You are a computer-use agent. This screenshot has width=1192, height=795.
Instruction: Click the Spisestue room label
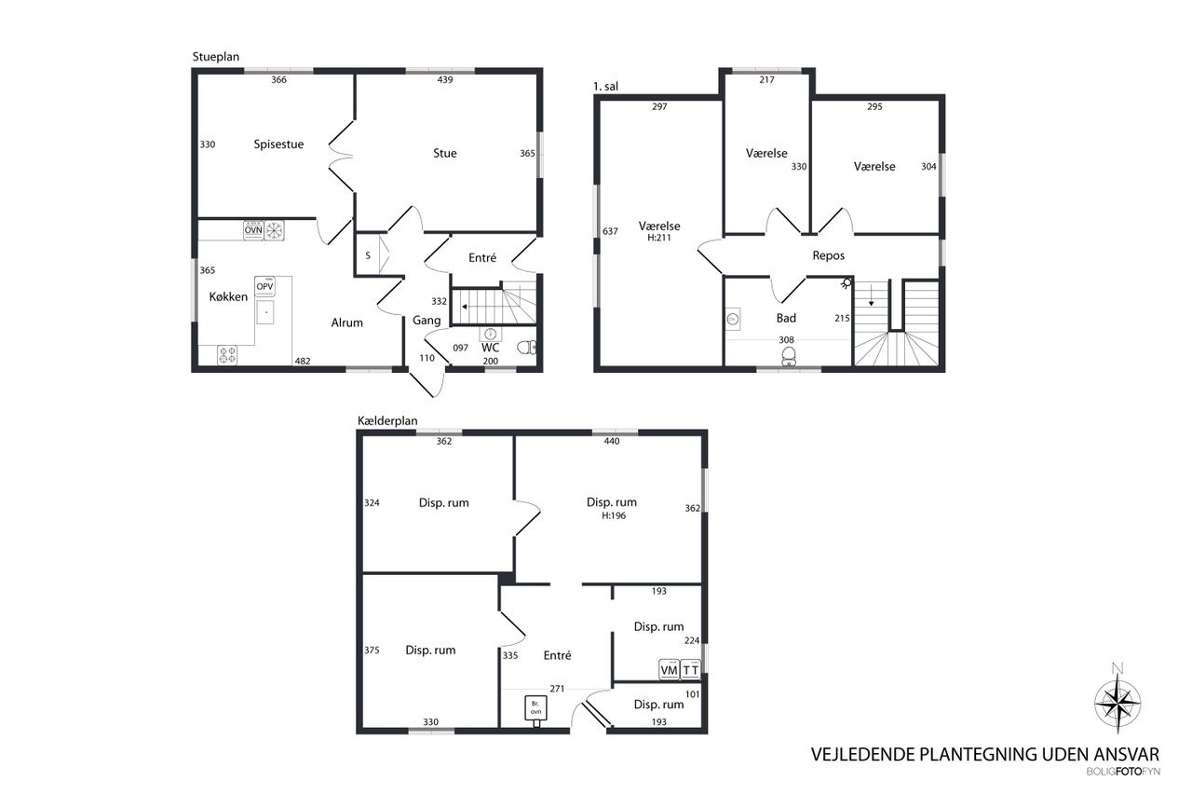(x=278, y=144)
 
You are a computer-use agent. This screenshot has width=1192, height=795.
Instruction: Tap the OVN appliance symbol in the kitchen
(x=253, y=230)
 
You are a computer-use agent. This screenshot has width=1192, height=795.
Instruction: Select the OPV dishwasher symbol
(x=264, y=286)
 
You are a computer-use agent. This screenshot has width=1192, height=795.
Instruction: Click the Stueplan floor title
(x=215, y=57)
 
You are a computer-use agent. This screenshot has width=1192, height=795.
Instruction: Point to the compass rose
(x=1117, y=702)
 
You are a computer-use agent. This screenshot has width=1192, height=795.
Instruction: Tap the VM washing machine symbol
(x=669, y=669)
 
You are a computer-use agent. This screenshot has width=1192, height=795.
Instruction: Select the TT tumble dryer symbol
(x=691, y=669)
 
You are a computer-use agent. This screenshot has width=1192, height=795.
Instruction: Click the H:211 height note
(x=658, y=238)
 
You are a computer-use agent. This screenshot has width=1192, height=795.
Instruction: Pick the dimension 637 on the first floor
(x=610, y=232)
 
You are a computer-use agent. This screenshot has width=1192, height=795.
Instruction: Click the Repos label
(x=829, y=255)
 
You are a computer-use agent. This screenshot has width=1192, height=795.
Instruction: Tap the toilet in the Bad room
(x=789, y=356)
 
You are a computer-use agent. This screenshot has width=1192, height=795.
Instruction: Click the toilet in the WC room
(x=527, y=348)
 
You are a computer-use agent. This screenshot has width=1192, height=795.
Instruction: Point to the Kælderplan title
(x=387, y=421)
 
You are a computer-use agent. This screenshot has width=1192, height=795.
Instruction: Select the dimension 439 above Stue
(x=445, y=80)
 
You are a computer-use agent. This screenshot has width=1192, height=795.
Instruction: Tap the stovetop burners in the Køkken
(x=227, y=355)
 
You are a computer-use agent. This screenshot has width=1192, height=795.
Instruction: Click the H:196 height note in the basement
(x=614, y=515)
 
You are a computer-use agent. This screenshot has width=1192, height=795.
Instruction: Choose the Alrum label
(x=347, y=322)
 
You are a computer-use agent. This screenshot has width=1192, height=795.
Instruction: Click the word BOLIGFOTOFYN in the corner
(x=1123, y=772)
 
